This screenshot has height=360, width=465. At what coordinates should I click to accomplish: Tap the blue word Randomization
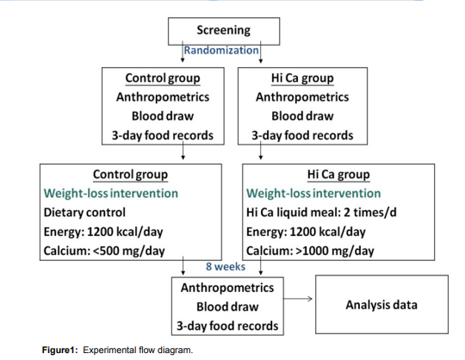click(x=222, y=50)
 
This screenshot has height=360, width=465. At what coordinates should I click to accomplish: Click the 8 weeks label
click(x=226, y=267)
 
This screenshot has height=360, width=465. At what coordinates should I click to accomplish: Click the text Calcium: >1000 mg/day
click(x=310, y=251)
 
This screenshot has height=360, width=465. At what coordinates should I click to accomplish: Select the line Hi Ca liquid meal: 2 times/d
click(x=314, y=212)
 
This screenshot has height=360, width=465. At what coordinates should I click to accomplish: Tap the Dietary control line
click(x=84, y=212)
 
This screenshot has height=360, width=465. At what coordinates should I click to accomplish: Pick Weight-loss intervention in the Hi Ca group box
click(x=313, y=193)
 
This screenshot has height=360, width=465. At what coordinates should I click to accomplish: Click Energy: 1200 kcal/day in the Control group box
click(x=98, y=232)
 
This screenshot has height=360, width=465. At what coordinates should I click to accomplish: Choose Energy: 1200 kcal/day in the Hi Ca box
click(x=302, y=232)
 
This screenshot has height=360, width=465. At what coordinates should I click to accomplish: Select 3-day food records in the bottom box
click(x=227, y=326)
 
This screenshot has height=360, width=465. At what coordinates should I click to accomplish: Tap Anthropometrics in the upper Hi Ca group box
click(x=302, y=97)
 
